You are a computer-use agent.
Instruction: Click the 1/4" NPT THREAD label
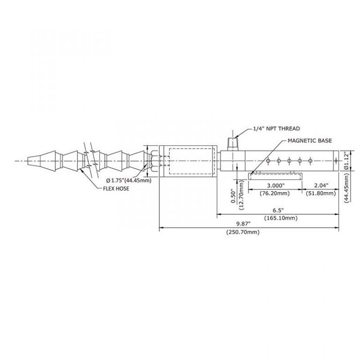[277, 128]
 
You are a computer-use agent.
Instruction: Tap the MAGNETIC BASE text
[310, 141]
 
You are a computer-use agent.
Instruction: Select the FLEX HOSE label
[116, 188]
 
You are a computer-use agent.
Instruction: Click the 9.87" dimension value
[243, 224]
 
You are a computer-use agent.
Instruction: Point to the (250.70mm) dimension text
[243, 232]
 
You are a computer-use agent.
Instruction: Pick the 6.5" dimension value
[278, 210]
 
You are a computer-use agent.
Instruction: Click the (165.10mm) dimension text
[281, 218]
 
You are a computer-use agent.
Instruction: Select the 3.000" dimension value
[276, 185]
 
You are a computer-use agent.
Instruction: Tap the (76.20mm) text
[275, 193]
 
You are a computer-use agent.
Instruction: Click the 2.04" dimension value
[321, 185]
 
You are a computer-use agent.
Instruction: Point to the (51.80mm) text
[321, 193]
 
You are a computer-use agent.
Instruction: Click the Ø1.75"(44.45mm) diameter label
[128, 180]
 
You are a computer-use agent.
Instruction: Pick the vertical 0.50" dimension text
[234, 196]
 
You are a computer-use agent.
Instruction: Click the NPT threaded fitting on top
[233, 144]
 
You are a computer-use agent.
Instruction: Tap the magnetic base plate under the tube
[275, 176]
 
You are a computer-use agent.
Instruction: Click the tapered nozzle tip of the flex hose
[34, 161]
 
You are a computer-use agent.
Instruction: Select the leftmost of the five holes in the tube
[268, 161]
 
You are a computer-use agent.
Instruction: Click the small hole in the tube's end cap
[336, 161]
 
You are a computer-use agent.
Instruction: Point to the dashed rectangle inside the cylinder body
[192, 161]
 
